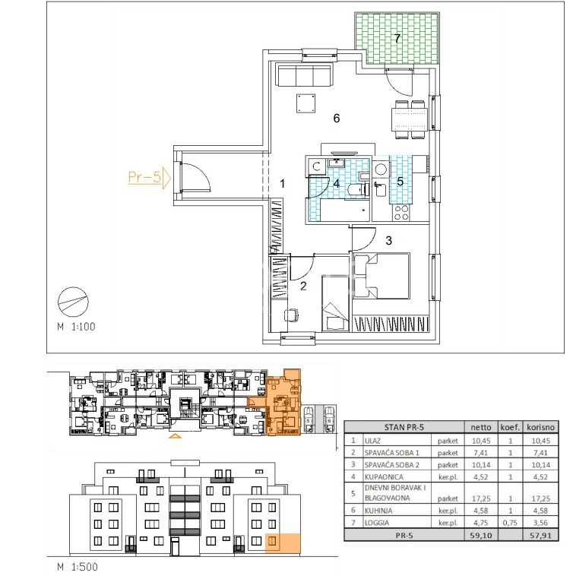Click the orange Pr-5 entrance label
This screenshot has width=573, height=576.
point(144,177)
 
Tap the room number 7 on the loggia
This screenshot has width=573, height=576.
point(397,38)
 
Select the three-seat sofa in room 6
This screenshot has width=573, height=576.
point(305,75)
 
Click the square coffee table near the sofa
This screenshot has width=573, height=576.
point(306,103)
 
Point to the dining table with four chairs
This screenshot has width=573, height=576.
point(409,119)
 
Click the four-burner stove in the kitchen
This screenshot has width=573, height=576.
point(400,212)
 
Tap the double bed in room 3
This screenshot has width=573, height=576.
point(381,276)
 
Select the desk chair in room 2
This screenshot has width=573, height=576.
point(291,315)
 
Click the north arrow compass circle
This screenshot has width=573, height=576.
point(73,302)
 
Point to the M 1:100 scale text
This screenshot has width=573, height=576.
point(77,326)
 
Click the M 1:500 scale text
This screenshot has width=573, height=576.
point(78,566)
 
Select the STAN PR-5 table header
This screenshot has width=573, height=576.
point(404,427)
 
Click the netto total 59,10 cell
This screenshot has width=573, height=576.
point(481,535)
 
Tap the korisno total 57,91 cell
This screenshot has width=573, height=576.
point(540,535)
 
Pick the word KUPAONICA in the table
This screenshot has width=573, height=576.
point(384,476)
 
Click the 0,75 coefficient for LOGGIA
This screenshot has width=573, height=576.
point(510,522)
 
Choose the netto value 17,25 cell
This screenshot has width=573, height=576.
point(481,498)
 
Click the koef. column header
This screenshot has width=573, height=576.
point(510,427)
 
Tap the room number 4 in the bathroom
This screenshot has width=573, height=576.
point(337,183)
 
